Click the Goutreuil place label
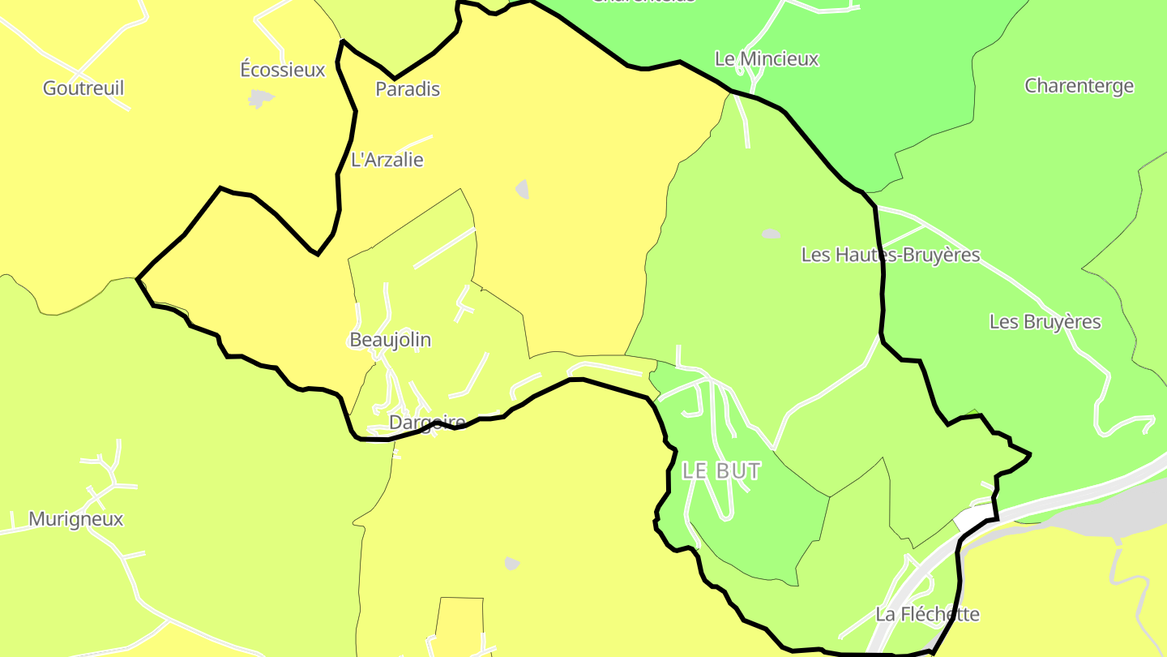83,88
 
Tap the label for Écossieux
283,70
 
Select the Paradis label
408,89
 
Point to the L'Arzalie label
387,160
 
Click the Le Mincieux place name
767,59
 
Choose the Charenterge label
1079,86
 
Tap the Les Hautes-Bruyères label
891,255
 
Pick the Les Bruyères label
1045,322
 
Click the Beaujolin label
390,340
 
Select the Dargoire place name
427,423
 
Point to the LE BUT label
721,471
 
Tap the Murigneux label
76,519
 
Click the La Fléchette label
927,614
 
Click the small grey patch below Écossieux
260,99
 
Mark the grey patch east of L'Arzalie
523,190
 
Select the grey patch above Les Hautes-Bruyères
771,234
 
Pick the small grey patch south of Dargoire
511,563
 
